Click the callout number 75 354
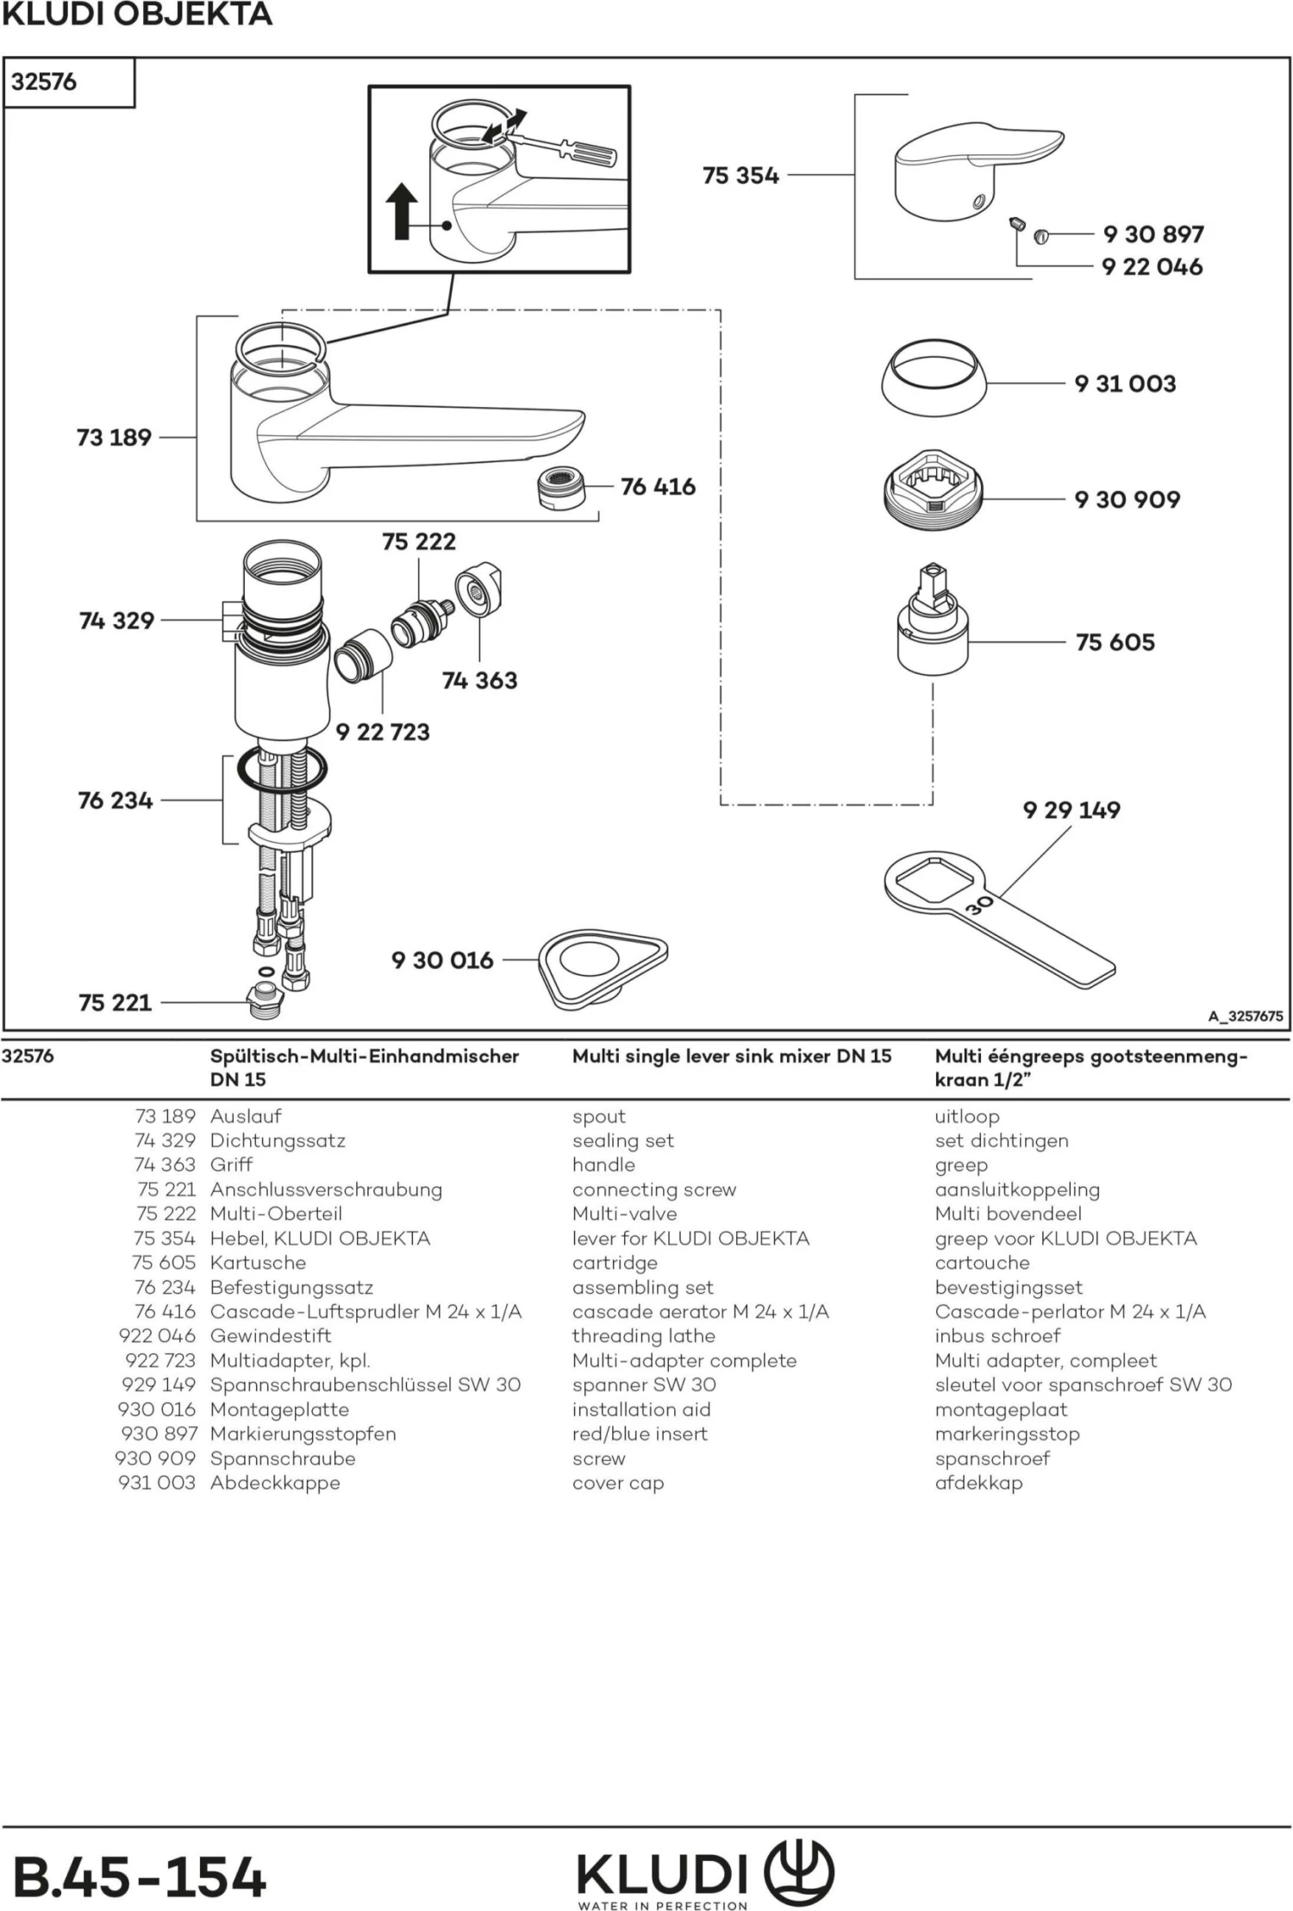coord(740,176)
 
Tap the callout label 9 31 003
coord(1125,384)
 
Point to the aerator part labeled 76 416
coord(560,488)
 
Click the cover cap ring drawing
coord(934,379)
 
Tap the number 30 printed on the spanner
coord(979,905)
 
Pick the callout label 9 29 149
coord(1071,810)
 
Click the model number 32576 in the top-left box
coord(44,82)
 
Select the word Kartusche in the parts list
coord(258,1263)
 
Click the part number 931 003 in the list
coord(157,1483)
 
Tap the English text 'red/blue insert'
coord(640,1433)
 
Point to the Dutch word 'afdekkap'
coord(978,1483)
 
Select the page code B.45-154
coord(140,1877)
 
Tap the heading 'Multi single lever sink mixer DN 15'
coord(732,1056)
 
